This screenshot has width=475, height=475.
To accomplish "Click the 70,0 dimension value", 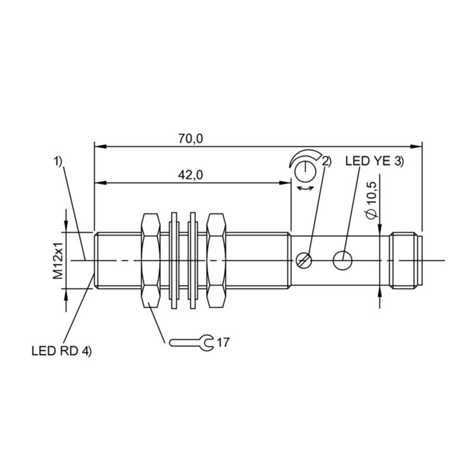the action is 191,138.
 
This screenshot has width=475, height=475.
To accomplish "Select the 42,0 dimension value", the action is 191,175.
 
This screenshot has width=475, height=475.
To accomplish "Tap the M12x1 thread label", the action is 58,260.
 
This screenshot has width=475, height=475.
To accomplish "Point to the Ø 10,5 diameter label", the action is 372,200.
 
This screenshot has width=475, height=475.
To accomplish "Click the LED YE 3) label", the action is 375,161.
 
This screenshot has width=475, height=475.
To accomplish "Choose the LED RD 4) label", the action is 62,351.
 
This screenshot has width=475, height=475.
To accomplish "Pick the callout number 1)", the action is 58,161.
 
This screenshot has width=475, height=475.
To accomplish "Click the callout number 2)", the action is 327,161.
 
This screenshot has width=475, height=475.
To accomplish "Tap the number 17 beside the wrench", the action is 223,343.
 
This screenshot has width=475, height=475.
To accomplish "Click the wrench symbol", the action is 191,343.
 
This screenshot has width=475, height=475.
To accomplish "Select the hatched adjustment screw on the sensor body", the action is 303,260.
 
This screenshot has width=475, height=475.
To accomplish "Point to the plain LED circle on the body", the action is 343,260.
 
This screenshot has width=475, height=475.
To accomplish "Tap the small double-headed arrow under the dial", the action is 305,189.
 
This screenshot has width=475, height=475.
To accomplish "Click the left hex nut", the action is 151,261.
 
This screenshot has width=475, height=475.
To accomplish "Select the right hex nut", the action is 216,261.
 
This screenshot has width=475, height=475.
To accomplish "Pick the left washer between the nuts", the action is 174,261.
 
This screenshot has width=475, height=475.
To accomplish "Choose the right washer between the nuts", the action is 192,261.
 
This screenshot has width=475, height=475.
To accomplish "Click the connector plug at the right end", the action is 406,260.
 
